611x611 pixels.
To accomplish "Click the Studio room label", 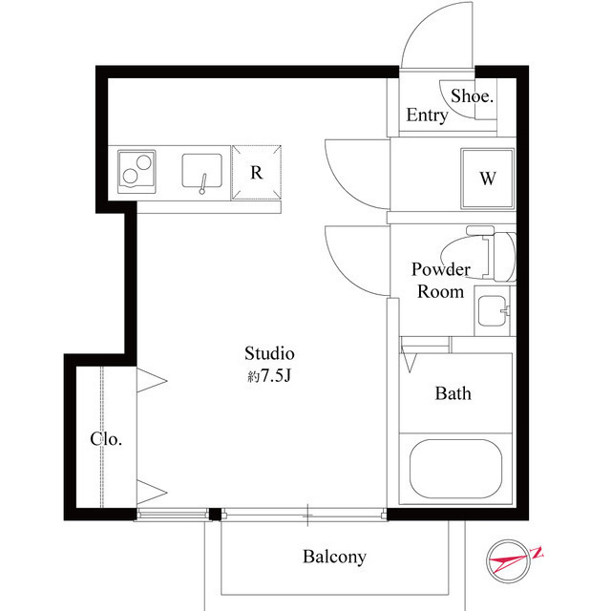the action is point(269,353).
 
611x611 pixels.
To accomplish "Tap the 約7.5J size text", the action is point(269,376).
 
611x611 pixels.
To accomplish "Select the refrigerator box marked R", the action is point(257,173).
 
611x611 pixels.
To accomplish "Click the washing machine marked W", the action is point(488,179).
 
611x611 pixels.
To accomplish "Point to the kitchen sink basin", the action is point(201,171).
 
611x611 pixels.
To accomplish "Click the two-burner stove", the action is point(137,172).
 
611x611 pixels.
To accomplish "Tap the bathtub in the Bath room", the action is point(455,469).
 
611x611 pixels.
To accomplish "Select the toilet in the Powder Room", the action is point(495,256).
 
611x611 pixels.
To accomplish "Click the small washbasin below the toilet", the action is point(493,311).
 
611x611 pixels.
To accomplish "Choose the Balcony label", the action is point(334,557).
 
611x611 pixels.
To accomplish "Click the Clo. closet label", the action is point(106,439).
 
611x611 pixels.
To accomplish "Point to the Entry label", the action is point(427,115).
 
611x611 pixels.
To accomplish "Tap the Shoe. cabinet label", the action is point(472,95).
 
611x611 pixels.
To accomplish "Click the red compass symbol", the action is point(510,561).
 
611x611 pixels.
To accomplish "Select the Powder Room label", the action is point(441,280).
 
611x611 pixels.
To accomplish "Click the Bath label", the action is point(453,393).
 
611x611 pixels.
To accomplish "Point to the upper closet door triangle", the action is point(152,380).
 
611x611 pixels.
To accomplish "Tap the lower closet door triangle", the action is point(152,493).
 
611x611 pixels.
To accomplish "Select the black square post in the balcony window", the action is point(215,515).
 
